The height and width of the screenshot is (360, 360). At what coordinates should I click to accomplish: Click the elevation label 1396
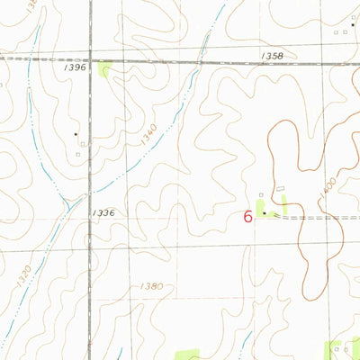[76, 67]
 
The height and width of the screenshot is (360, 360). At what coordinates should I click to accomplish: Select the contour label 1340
[148, 135]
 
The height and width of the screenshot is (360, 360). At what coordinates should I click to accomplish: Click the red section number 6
[247, 216]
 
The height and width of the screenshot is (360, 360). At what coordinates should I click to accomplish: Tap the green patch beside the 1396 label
[106, 69]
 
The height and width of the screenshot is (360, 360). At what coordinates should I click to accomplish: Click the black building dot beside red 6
[264, 213]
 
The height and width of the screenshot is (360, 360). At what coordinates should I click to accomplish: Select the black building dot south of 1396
[76, 134]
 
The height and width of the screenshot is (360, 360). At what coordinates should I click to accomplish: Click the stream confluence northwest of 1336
[67, 202]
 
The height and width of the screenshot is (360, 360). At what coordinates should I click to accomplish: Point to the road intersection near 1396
[90, 60]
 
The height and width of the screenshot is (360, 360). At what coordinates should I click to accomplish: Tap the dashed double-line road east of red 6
[315, 217]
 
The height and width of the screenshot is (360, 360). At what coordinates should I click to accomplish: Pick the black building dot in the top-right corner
[354, 24]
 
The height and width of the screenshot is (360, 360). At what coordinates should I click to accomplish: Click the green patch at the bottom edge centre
[186, 355]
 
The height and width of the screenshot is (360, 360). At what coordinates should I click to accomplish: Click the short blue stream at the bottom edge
[241, 346]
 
